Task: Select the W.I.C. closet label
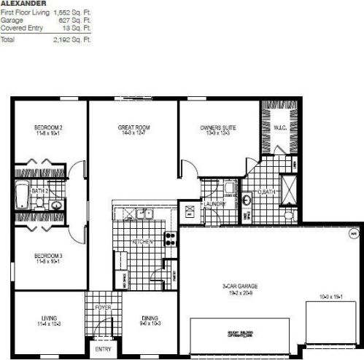pos(279,129)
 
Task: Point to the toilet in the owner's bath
pos(289,215)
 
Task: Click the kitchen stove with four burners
pos(170,237)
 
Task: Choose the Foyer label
pos(103,308)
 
